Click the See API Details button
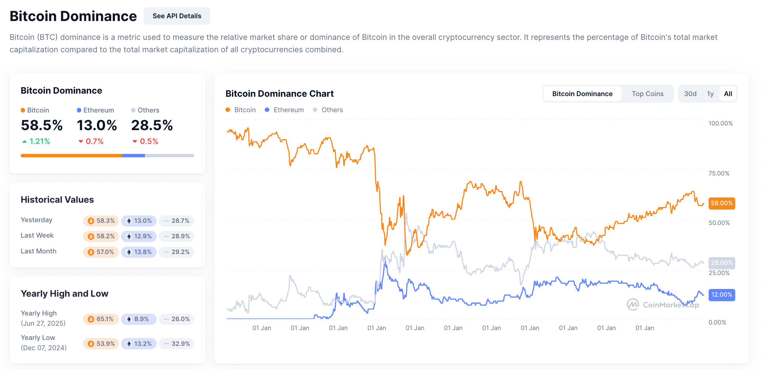point(177,16)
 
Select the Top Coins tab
point(647,94)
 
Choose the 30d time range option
point(690,94)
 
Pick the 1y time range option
point(710,94)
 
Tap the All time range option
point(728,94)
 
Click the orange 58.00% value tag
point(721,203)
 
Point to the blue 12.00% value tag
point(721,295)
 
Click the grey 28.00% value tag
point(721,263)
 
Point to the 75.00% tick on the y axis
point(719,173)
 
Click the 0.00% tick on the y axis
point(717,322)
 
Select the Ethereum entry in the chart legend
point(284,110)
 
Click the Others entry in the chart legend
point(328,110)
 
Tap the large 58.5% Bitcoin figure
point(42,125)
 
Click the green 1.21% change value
point(36,141)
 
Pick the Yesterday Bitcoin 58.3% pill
point(101,221)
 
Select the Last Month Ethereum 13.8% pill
point(139,252)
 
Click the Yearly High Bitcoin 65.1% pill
point(101,319)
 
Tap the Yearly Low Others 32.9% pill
point(176,344)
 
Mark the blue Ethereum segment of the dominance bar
point(133,155)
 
